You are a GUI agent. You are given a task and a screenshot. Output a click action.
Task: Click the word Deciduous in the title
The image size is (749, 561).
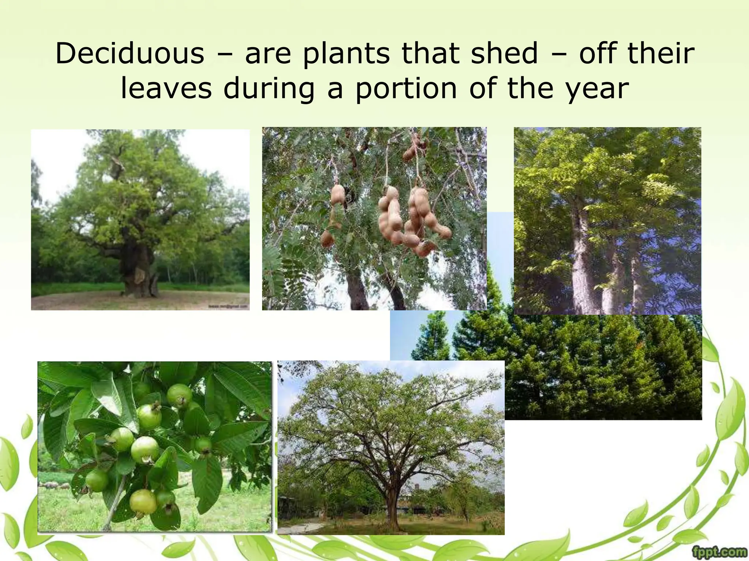[x=129, y=54]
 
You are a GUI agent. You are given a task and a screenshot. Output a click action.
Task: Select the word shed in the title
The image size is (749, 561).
[x=504, y=54]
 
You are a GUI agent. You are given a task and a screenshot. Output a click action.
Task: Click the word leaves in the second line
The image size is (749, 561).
[x=166, y=89]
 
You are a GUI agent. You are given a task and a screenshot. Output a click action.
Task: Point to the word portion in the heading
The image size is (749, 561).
[x=406, y=89]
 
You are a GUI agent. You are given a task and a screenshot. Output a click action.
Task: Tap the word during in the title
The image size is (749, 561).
[x=269, y=89]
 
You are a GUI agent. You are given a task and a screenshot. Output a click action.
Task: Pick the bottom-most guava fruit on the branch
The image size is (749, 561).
[x=143, y=502]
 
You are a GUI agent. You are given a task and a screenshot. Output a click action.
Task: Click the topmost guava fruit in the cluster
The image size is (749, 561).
[x=179, y=395]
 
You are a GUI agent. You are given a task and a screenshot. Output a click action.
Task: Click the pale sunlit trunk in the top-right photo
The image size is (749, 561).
[x=581, y=263]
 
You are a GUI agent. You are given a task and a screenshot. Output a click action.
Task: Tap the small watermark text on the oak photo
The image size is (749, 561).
[x=228, y=306]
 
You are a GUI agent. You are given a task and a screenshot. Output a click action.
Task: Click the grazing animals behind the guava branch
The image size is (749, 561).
[x=55, y=485]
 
